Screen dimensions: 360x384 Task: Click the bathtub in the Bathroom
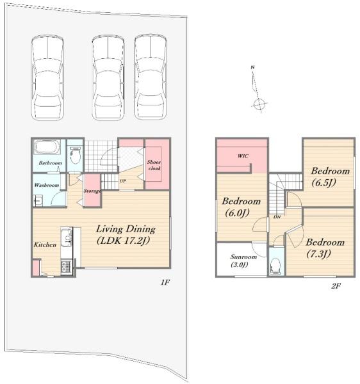coord(47,147)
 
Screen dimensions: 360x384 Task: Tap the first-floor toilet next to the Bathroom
coord(76,156)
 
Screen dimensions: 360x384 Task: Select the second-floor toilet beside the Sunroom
coord(276,266)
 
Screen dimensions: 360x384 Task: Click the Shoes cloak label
coord(154,165)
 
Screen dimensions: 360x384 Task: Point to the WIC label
coord(243,156)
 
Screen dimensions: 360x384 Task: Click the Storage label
coord(92,191)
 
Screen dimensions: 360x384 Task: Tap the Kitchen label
coord(45,244)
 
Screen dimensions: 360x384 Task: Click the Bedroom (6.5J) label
coord(330,177)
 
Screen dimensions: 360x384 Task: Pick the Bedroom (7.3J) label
coord(325,248)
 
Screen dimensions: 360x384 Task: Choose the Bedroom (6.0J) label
coord(241,207)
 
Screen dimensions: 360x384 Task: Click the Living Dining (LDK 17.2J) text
coord(126,235)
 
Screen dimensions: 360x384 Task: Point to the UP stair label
coord(123,181)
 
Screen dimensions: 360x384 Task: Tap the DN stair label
coord(277,217)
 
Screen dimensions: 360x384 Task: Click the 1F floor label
coord(165,282)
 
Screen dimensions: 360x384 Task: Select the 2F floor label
coord(336,286)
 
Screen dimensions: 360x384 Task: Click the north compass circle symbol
coord(259,104)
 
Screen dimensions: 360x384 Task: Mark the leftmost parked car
coord(47,78)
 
